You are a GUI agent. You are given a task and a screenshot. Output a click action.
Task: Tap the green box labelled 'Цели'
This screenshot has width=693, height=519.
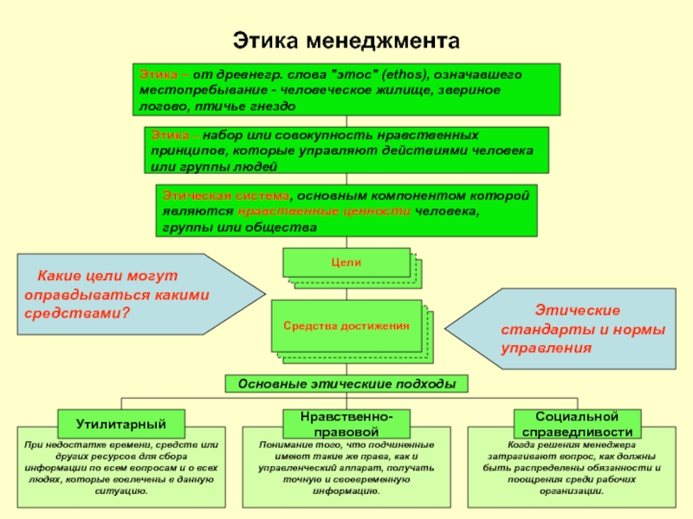346,262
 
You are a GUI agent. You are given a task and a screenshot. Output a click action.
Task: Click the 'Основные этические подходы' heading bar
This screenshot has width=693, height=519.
346,383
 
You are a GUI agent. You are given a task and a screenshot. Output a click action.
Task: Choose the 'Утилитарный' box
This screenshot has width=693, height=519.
120,423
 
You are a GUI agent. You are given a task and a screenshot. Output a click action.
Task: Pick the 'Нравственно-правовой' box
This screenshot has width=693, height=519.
346,423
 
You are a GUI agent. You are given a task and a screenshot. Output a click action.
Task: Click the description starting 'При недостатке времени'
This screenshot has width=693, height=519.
121,467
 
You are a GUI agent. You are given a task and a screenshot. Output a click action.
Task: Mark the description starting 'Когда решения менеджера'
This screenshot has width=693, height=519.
572,467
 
